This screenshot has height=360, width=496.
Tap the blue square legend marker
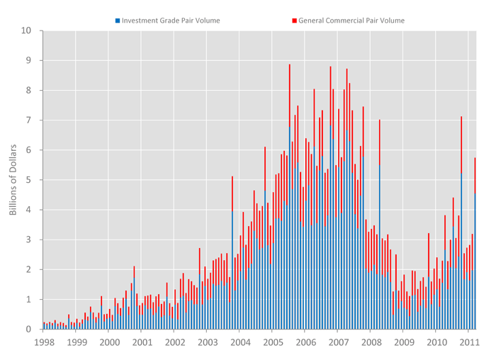point(118,21)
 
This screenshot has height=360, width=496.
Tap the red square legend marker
point(294,21)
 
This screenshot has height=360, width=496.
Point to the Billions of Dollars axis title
point(13,180)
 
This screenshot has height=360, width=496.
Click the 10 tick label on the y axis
point(27,30)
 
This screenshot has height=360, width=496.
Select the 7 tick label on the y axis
point(29,120)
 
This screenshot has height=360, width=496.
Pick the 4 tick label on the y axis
point(29,210)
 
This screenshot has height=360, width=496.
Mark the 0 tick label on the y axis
point(29,330)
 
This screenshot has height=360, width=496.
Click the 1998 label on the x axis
point(44,342)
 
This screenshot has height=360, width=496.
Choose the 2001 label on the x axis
point(142,342)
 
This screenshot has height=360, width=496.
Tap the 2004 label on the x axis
point(240,342)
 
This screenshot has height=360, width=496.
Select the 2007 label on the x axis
point(338,342)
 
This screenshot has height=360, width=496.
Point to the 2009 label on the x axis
point(404,342)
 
